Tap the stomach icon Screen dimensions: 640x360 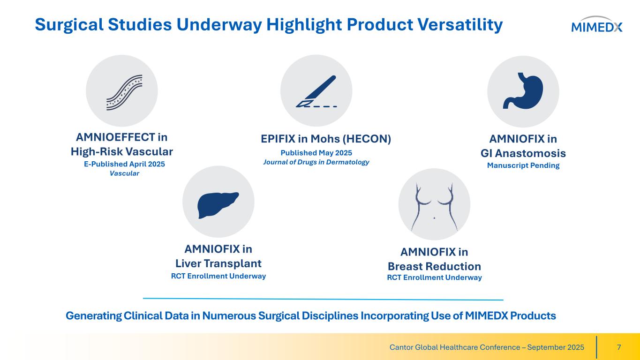(x=523, y=90)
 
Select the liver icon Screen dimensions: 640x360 (x=218, y=205)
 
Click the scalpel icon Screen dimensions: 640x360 (x=316, y=91)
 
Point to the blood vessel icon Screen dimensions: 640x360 (x=124, y=92)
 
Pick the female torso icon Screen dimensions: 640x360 (x=434, y=207)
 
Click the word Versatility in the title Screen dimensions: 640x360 (x=460, y=24)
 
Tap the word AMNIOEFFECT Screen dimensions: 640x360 (x=115, y=137)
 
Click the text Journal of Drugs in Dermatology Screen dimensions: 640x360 (x=316, y=162)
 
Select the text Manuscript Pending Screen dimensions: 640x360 (x=523, y=165)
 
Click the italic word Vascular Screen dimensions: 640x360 (x=124, y=173)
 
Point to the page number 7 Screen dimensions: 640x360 (x=619, y=347)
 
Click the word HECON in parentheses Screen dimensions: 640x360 (x=367, y=139)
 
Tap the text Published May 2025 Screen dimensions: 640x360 (x=316, y=153)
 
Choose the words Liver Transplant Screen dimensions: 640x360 (x=218, y=263)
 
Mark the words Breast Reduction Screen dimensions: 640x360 (x=434, y=266)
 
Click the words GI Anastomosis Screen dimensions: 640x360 (x=523, y=153)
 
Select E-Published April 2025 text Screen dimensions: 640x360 (x=124, y=164)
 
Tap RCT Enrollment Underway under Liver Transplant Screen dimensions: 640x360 (x=218, y=276)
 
